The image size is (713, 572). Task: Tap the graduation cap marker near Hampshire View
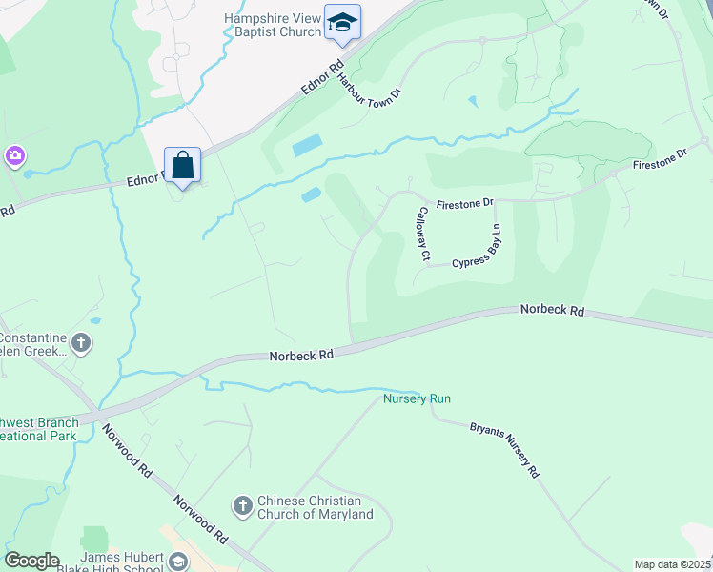coord(341,21)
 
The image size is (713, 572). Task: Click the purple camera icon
coord(14,155)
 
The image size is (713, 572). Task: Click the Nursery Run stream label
coord(417,398)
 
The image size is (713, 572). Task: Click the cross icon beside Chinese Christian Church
coord(242,505)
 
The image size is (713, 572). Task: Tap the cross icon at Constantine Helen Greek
coord(82,343)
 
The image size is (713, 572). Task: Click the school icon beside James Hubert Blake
coord(177,562)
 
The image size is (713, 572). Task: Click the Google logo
coord(31,561)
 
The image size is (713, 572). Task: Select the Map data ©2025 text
coord(672,564)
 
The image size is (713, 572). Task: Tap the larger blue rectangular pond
coord(307,146)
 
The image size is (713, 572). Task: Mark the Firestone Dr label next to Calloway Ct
coord(465,203)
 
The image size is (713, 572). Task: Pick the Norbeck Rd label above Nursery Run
coord(300,354)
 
